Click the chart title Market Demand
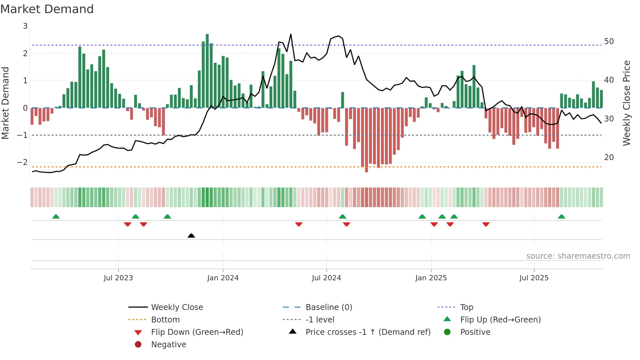coord(47,9)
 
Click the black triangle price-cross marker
coord(191,236)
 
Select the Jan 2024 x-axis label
coord(223,278)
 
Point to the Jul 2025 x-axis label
coord(534,278)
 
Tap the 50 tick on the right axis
coord(609,41)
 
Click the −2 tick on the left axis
coord(22,162)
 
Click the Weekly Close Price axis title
coord(626,103)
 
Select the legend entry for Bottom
coord(165,319)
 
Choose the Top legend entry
coord(467,307)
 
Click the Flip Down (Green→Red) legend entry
coord(197,332)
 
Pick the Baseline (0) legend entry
coord(329,307)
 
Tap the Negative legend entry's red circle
coord(138,344)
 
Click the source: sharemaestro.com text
coord(578,256)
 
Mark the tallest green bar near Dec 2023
coord(207,70)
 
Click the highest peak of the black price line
coord(291,34)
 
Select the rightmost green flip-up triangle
coord(561,217)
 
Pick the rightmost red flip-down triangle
coord(486,224)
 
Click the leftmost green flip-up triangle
coord(56,217)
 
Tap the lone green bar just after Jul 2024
coord(343,100)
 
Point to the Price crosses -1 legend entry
coord(368,332)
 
